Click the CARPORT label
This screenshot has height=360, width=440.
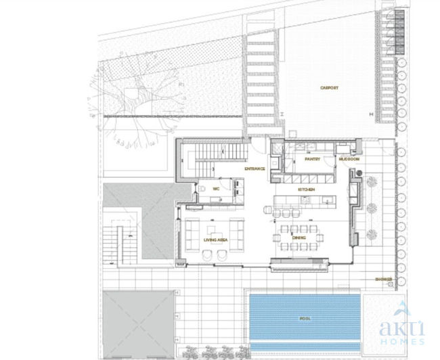click(x=329, y=88)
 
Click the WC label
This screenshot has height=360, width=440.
click(x=216, y=189)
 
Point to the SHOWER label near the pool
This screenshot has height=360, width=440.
click(x=382, y=279)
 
